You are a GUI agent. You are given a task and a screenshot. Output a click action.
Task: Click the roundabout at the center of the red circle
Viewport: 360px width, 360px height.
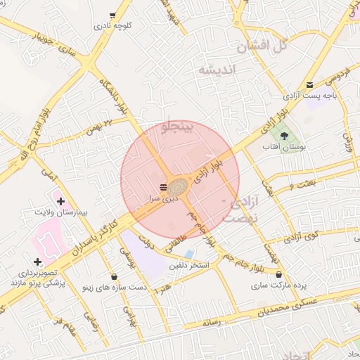(179, 186)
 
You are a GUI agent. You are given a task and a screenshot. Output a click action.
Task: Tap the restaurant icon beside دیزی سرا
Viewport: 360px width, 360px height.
(163, 186)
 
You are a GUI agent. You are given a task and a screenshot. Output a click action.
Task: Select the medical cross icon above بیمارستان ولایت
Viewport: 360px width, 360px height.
(60, 201)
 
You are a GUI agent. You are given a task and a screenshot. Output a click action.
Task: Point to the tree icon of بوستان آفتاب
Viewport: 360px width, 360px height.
(284, 135)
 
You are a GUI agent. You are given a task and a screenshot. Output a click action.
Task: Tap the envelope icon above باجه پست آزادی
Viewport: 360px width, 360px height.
(310, 84)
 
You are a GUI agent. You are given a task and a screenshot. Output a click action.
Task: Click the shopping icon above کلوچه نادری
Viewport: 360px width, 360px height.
(113, 15)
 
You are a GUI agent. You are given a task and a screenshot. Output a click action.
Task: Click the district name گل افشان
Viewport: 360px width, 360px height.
(264, 47)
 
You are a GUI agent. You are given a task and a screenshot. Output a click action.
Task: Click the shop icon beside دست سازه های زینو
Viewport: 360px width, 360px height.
(115, 276)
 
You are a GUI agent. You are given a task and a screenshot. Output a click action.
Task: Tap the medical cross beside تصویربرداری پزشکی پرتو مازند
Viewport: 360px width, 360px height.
(37, 262)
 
